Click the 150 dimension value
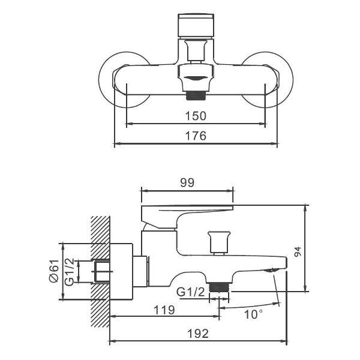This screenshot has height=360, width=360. click(196, 116)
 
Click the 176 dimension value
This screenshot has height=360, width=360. click(196, 136)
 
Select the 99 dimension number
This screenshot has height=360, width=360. click(187, 184)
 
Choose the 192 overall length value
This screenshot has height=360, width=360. click(197, 334)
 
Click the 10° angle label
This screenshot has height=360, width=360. click(253, 314)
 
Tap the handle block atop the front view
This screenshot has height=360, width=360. click(196, 26)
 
